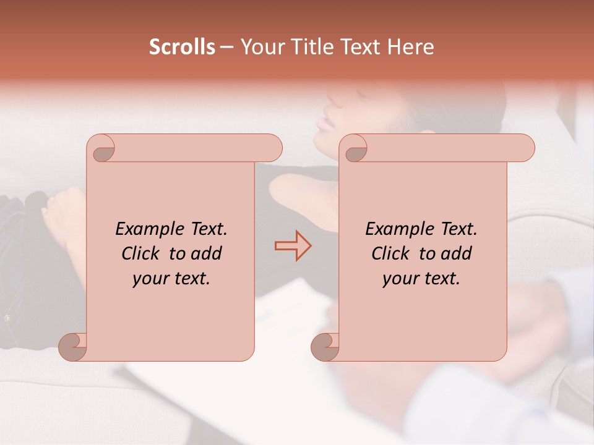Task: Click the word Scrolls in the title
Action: tap(182, 47)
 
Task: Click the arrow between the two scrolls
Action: tap(293, 246)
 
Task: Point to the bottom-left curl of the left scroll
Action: tap(74, 346)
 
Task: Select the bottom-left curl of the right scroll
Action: tap(325, 346)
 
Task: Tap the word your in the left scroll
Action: tap(148, 279)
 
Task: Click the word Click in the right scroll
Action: tap(390, 253)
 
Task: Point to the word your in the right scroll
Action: tap(398, 279)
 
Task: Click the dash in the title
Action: tap(226, 47)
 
